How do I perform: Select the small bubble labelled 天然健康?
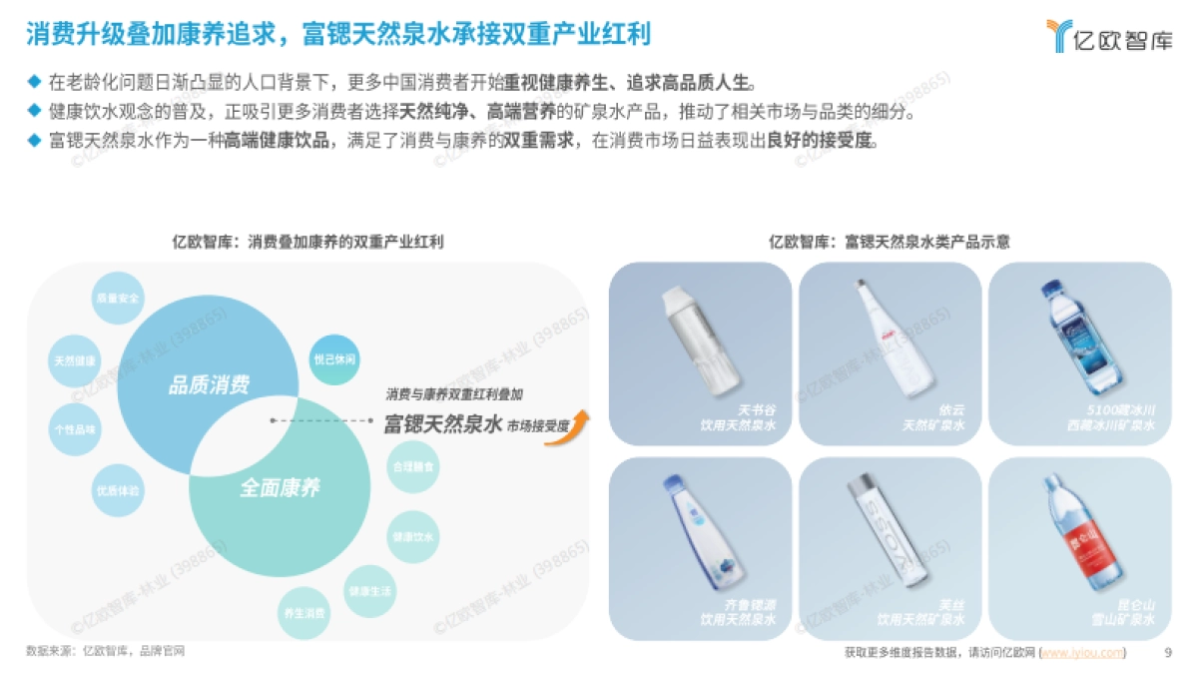(77, 360)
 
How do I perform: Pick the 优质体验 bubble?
(117, 491)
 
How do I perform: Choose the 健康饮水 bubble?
(411, 536)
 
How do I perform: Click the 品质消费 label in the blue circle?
(210, 385)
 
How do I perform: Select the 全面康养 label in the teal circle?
(280, 488)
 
